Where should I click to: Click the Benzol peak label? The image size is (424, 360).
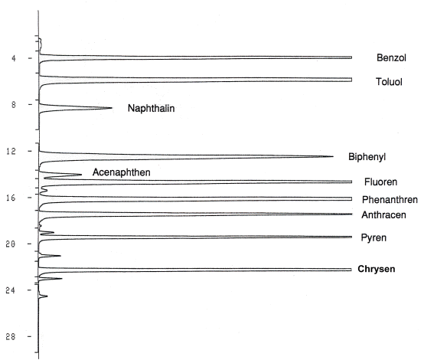pos(391,57)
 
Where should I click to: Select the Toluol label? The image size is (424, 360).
pos(389,82)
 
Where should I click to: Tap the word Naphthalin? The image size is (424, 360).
pos(152,108)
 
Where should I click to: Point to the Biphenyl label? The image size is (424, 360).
pos(367,157)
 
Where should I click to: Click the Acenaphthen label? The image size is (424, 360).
pos(122,172)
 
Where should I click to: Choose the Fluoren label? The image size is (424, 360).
pos(380,182)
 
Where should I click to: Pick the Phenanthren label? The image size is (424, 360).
pos(390,200)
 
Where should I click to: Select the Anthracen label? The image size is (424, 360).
pos(383,215)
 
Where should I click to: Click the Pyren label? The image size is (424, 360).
pos(373,238)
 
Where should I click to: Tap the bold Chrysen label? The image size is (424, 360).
pos(377,269)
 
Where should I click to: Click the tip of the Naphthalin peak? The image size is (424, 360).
pos(112,108)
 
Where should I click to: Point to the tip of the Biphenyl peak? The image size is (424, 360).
pos(333,156)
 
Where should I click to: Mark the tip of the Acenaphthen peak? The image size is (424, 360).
pos(81,175)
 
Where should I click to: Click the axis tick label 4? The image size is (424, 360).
pos(14,58)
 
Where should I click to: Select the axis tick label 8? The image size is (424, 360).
pos(14,105)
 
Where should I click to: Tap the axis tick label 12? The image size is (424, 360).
pos(11,152)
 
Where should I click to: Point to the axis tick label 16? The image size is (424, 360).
pos(11,198)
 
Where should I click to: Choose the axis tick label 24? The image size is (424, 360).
pos(11,290)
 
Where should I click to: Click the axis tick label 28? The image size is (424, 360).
pos(11,337)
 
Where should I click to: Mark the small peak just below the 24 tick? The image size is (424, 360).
pos(47,296)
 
